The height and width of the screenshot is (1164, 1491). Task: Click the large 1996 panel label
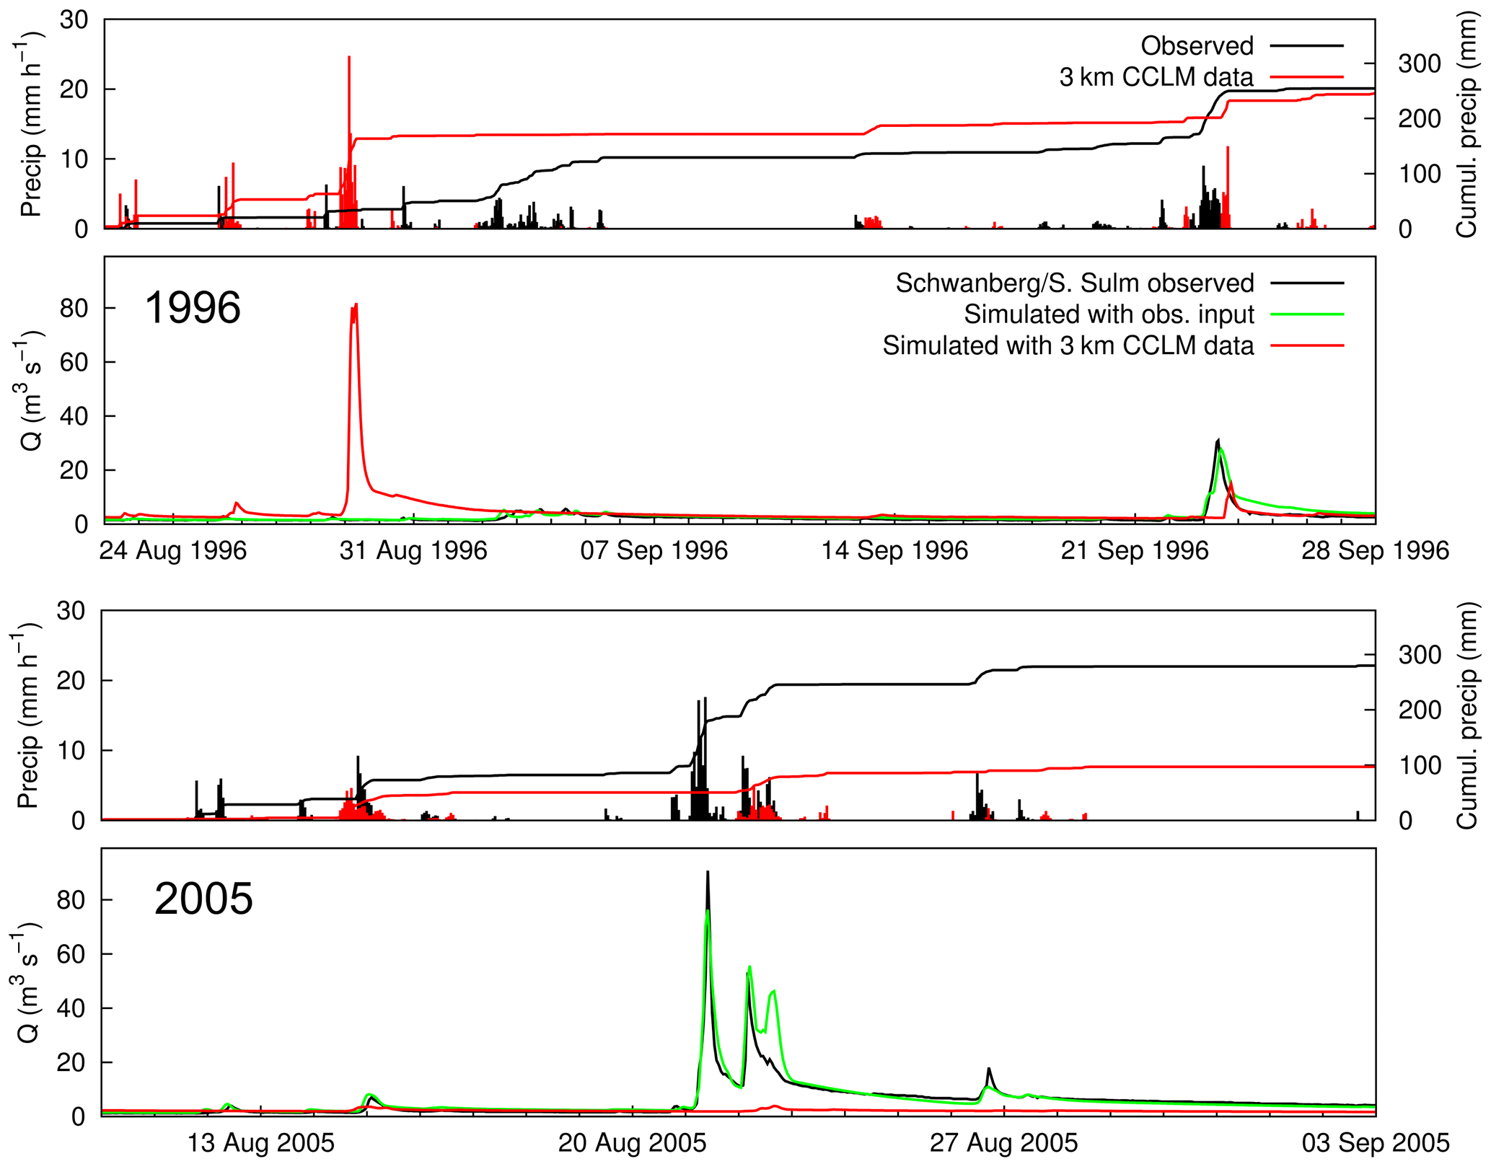[x=193, y=308]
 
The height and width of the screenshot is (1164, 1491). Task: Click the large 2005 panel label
[x=203, y=899]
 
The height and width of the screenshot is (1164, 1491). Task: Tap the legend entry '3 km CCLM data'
[x=1156, y=77]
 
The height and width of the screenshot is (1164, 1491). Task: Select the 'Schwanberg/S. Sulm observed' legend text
[x=1074, y=283]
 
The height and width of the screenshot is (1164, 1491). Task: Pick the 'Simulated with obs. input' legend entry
[x=1109, y=314]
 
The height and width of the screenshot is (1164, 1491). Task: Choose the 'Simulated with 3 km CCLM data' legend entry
[x=1068, y=346]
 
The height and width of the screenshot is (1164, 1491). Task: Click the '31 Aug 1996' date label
[x=413, y=551]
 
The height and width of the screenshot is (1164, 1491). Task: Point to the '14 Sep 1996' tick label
[x=894, y=551]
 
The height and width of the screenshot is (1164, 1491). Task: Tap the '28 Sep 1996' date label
[x=1375, y=551]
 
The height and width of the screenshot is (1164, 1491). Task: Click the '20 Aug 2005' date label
[x=632, y=1143]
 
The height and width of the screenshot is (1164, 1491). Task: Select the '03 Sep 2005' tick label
[x=1375, y=1143]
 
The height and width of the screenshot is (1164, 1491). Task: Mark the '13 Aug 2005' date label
[x=260, y=1143]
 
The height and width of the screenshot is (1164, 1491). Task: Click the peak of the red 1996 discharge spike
[x=356, y=305]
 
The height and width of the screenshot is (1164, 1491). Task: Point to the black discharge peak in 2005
[x=708, y=873]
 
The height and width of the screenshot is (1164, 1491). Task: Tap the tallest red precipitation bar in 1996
[x=349, y=58]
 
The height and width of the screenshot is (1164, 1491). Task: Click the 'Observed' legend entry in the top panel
[x=1197, y=46]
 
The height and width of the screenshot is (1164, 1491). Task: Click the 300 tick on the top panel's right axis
[x=1419, y=63]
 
